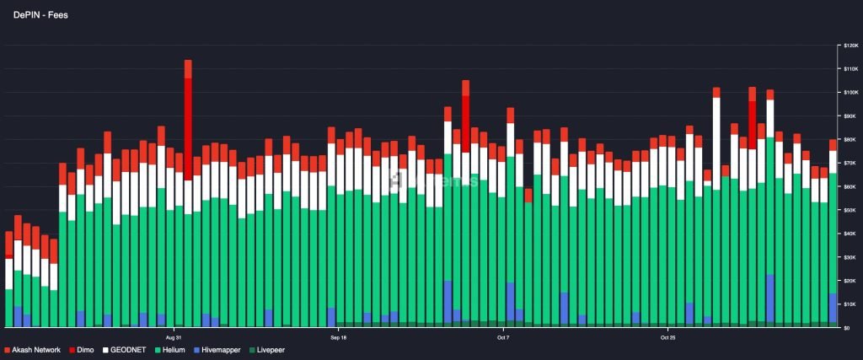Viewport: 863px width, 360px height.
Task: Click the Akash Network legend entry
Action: pyautogui.click(x=36, y=349)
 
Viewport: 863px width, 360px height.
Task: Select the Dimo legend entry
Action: pyautogui.click(x=85, y=349)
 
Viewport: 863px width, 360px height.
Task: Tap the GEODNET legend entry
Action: pyautogui.click(x=127, y=349)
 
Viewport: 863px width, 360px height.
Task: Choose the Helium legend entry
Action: pyautogui.click(x=175, y=349)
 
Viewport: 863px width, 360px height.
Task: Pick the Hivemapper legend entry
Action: pyautogui.click(x=221, y=349)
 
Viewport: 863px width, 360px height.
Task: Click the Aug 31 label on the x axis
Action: pyautogui.click(x=174, y=337)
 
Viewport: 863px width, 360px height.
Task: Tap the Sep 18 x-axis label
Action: pyautogui.click(x=338, y=337)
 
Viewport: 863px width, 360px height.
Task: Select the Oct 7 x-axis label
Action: pyautogui.click(x=503, y=337)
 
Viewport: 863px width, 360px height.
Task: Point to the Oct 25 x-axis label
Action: pyautogui.click(x=667, y=337)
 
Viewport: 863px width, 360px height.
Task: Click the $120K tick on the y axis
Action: pyautogui.click(x=850, y=45)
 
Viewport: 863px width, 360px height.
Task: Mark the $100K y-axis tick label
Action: pyautogui.click(x=850, y=92)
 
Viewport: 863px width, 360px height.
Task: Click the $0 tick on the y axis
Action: pyautogui.click(x=846, y=328)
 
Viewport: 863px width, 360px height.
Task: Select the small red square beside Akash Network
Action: pyautogui.click(x=8, y=349)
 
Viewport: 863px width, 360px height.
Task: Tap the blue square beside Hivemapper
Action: pyautogui.click(x=196, y=349)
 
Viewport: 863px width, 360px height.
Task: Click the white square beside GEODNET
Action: pyautogui.click(x=106, y=349)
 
